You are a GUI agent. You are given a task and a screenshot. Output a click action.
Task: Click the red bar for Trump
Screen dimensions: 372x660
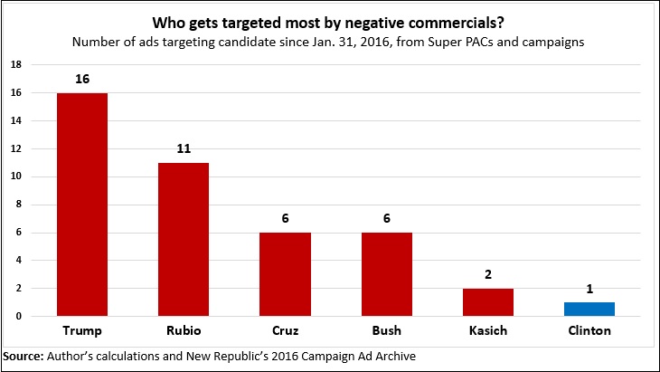pyautogui.click(x=81, y=204)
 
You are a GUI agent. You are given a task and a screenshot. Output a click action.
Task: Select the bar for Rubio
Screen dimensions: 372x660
pyautogui.click(x=183, y=239)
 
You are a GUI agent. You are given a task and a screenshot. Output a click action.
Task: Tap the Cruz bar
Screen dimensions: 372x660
pyautogui.click(x=285, y=274)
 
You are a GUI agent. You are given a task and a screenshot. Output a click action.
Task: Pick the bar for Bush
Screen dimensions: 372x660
pyautogui.click(x=387, y=274)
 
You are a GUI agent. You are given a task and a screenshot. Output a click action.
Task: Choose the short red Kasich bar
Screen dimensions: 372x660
pyautogui.click(x=489, y=302)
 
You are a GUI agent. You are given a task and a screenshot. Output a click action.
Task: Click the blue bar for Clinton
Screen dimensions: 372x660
pyautogui.click(x=590, y=309)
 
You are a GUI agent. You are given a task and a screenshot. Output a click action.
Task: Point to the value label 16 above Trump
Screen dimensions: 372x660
pyautogui.click(x=81, y=80)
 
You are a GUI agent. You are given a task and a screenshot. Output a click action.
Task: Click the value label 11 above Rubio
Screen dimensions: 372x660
pyautogui.click(x=183, y=149)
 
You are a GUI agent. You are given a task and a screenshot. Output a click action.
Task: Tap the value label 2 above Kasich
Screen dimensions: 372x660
pyautogui.click(x=489, y=275)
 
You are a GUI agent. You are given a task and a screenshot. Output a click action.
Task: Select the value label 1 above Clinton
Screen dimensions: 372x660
pyautogui.click(x=590, y=290)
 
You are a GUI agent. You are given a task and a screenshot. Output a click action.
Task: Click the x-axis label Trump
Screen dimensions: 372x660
pyautogui.click(x=81, y=331)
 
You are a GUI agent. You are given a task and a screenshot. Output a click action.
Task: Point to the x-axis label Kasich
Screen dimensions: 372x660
pyautogui.click(x=489, y=331)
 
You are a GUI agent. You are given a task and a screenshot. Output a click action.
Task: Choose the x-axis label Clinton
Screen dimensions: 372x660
pyautogui.click(x=590, y=331)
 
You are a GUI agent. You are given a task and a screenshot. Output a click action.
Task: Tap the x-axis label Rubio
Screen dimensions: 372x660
pyautogui.click(x=183, y=331)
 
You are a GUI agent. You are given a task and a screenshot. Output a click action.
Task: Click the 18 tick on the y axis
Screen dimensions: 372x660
pyautogui.click(x=15, y=65)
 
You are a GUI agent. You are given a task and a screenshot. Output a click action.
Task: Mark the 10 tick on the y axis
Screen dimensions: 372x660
pyautogui.click(x=15, y=176)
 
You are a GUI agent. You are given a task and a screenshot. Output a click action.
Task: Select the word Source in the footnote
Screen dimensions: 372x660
pyautogui.click(x=23, y=355)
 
